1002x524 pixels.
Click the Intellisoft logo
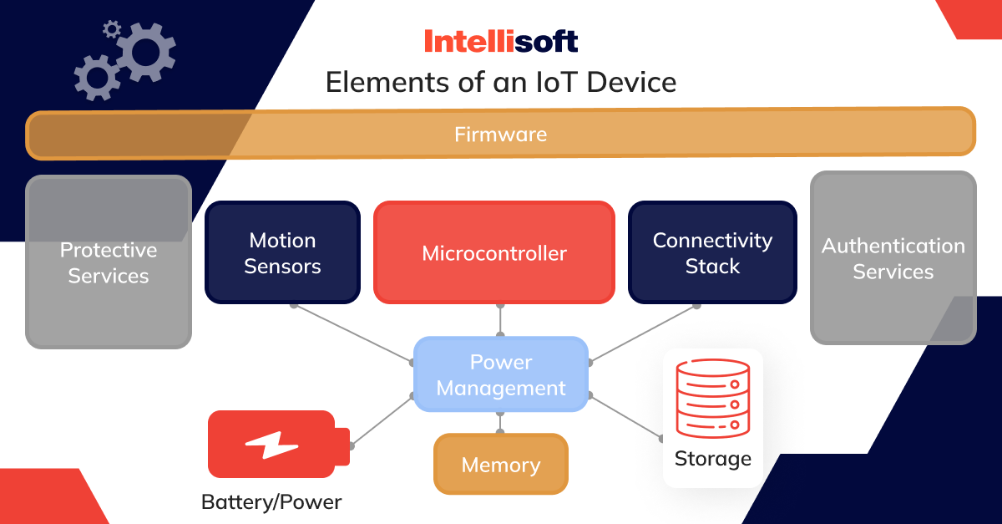click(x=500, y=41)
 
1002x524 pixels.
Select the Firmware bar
click(x=500, y=134)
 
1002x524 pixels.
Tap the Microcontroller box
click(x=494, y=252)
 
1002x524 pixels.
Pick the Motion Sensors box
click(x=282, y=252)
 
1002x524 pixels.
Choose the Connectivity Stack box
click(x=712, y=252)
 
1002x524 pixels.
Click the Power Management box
click(x=501, y=374)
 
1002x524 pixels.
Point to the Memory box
click(x=501, y=465)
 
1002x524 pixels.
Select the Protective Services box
click(x=109, y=262)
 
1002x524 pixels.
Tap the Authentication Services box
click(x=893, y=258)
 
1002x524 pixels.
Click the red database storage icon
click(x=712, y=399)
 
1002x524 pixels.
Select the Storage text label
click(x=712, y=459)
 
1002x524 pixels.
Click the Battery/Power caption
click(x=271, y=502)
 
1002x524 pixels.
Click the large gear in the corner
click(x=145, y=52)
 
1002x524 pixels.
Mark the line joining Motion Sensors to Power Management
click(x=352, y=333)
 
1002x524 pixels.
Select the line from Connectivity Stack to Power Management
click(x=643, y=333)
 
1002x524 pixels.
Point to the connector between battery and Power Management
click(x=382, y=420)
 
